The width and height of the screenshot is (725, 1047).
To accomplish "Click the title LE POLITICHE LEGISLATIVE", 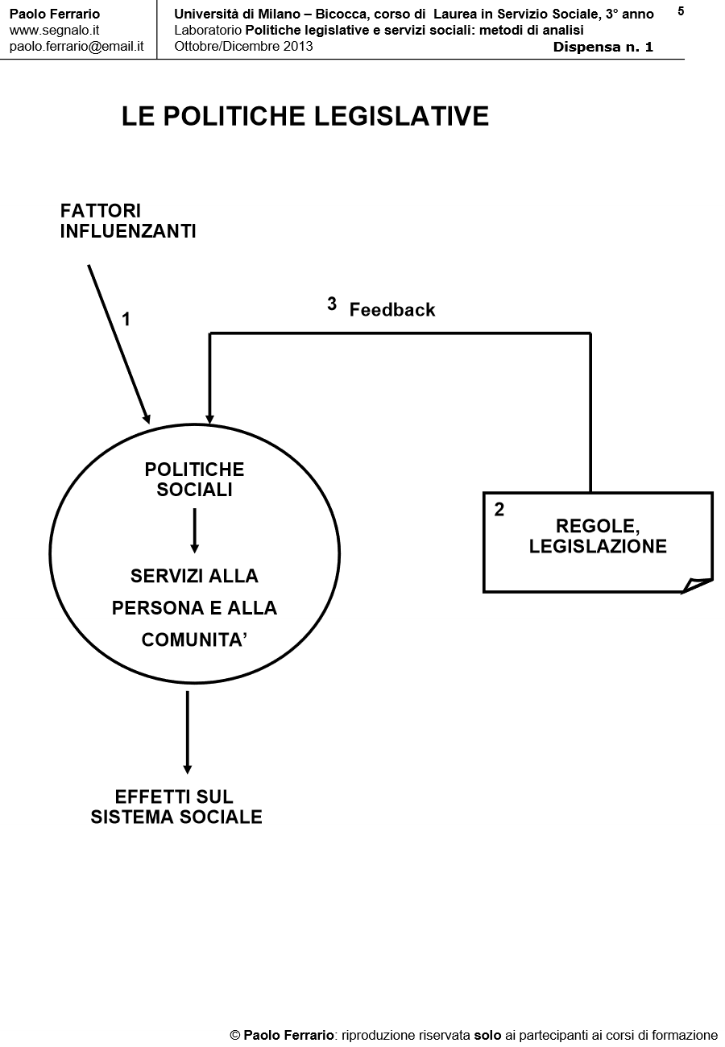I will [x=305, y=117].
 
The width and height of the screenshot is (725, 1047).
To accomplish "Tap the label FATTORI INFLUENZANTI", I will [x=128, y=221].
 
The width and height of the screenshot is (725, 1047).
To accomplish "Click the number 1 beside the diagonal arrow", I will [x=126, y=320].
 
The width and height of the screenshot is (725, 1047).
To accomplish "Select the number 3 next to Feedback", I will [x=332, y=304].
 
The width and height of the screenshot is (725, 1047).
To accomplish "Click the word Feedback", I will [x=392, y=310].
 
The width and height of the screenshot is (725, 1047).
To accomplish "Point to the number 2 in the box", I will [x=499, y=510].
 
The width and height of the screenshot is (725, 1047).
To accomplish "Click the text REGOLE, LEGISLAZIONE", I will [x=598, y=536].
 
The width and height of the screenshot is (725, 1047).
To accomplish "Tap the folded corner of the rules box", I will [x=696, y=586].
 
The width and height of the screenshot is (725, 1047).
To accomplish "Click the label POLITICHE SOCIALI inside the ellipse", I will [x=194, y=479].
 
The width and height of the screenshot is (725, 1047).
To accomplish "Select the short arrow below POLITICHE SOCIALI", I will [x=194, y=531].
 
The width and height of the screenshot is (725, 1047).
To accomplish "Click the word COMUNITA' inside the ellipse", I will [x=194, y=640].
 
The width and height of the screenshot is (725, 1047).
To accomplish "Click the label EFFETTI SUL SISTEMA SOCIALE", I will [x=176, y=807].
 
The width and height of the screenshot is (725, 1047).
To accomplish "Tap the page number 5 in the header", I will [x=681, y=11].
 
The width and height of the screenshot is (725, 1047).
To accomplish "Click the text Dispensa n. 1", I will [x=603, y=47].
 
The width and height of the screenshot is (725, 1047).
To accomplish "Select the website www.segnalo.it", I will [x=54, y=30].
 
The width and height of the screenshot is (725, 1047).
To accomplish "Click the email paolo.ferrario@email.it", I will [x=77, y=46].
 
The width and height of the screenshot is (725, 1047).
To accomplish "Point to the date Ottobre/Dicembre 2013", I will [x=243, y=46].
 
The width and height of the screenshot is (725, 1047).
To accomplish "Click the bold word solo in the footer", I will [x=487, y=1035].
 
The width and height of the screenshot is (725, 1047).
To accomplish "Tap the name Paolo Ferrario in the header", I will [x=55, y=14].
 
